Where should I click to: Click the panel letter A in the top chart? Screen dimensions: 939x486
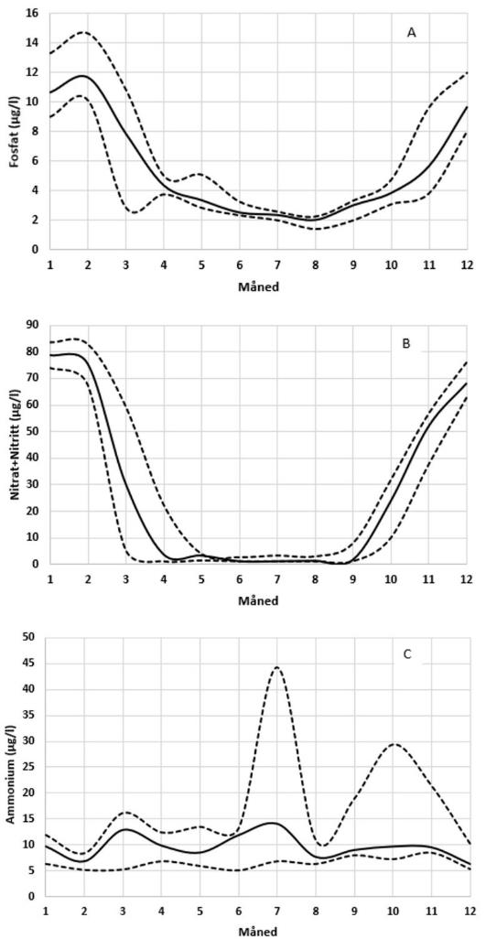point(412,32)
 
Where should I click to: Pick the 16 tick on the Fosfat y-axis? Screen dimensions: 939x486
point(32,14)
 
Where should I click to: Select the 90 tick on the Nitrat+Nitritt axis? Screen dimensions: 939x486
point(32,325)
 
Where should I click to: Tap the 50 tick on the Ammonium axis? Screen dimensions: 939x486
point(32,637)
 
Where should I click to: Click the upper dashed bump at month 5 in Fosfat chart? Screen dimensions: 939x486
point(200,174)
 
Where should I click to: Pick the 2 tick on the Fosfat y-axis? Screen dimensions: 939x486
point(35,221)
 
